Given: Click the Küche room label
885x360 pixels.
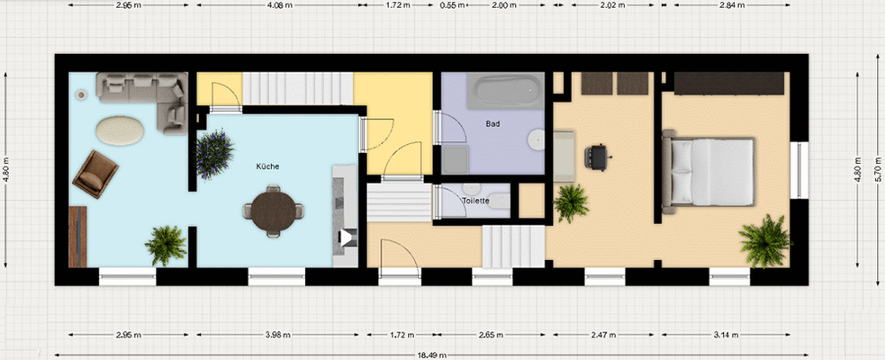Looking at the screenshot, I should click(x=266, y=166).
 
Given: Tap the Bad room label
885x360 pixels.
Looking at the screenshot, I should click(x=492, y=123).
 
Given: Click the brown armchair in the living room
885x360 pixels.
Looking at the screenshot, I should click(x=95, y=171).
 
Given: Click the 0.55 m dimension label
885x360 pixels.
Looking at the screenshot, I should click(x=452, y=4).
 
